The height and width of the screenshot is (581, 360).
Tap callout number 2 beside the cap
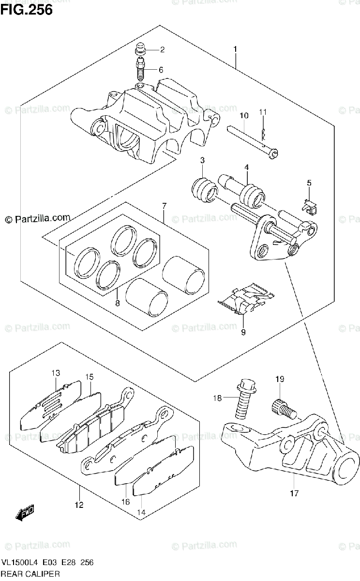(x=162, y=49)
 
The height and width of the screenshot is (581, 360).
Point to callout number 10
(x=243, y=116)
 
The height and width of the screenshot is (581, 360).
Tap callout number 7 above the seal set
(x=164, y=207)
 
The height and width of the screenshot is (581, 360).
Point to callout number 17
(x=295, y=493)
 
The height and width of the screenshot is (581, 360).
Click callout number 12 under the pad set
(x=79, y=505)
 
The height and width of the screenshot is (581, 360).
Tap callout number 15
(x=90, y=377)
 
